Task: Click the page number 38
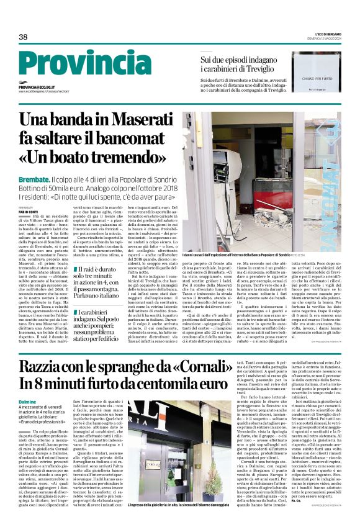pos(24,37)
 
